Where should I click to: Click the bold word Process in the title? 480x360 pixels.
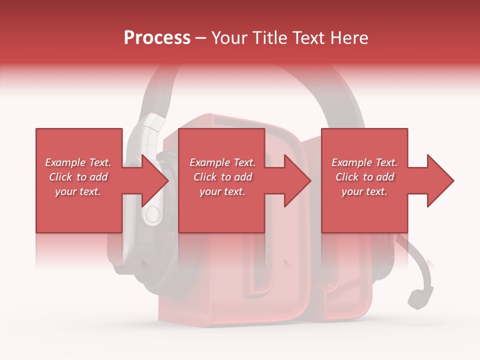157,38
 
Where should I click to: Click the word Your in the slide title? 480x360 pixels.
230,38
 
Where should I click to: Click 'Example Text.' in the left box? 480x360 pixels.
78,162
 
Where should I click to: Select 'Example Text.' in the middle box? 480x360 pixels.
222,162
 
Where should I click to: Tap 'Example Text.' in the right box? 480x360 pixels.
364,162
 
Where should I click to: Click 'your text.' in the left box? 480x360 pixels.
78,191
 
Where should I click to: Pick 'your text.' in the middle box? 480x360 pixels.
222,191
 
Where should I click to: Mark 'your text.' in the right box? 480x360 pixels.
364,191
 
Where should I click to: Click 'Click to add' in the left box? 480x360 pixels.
78,177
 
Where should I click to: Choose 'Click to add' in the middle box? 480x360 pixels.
222,177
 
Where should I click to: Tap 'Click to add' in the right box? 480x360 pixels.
364,177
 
